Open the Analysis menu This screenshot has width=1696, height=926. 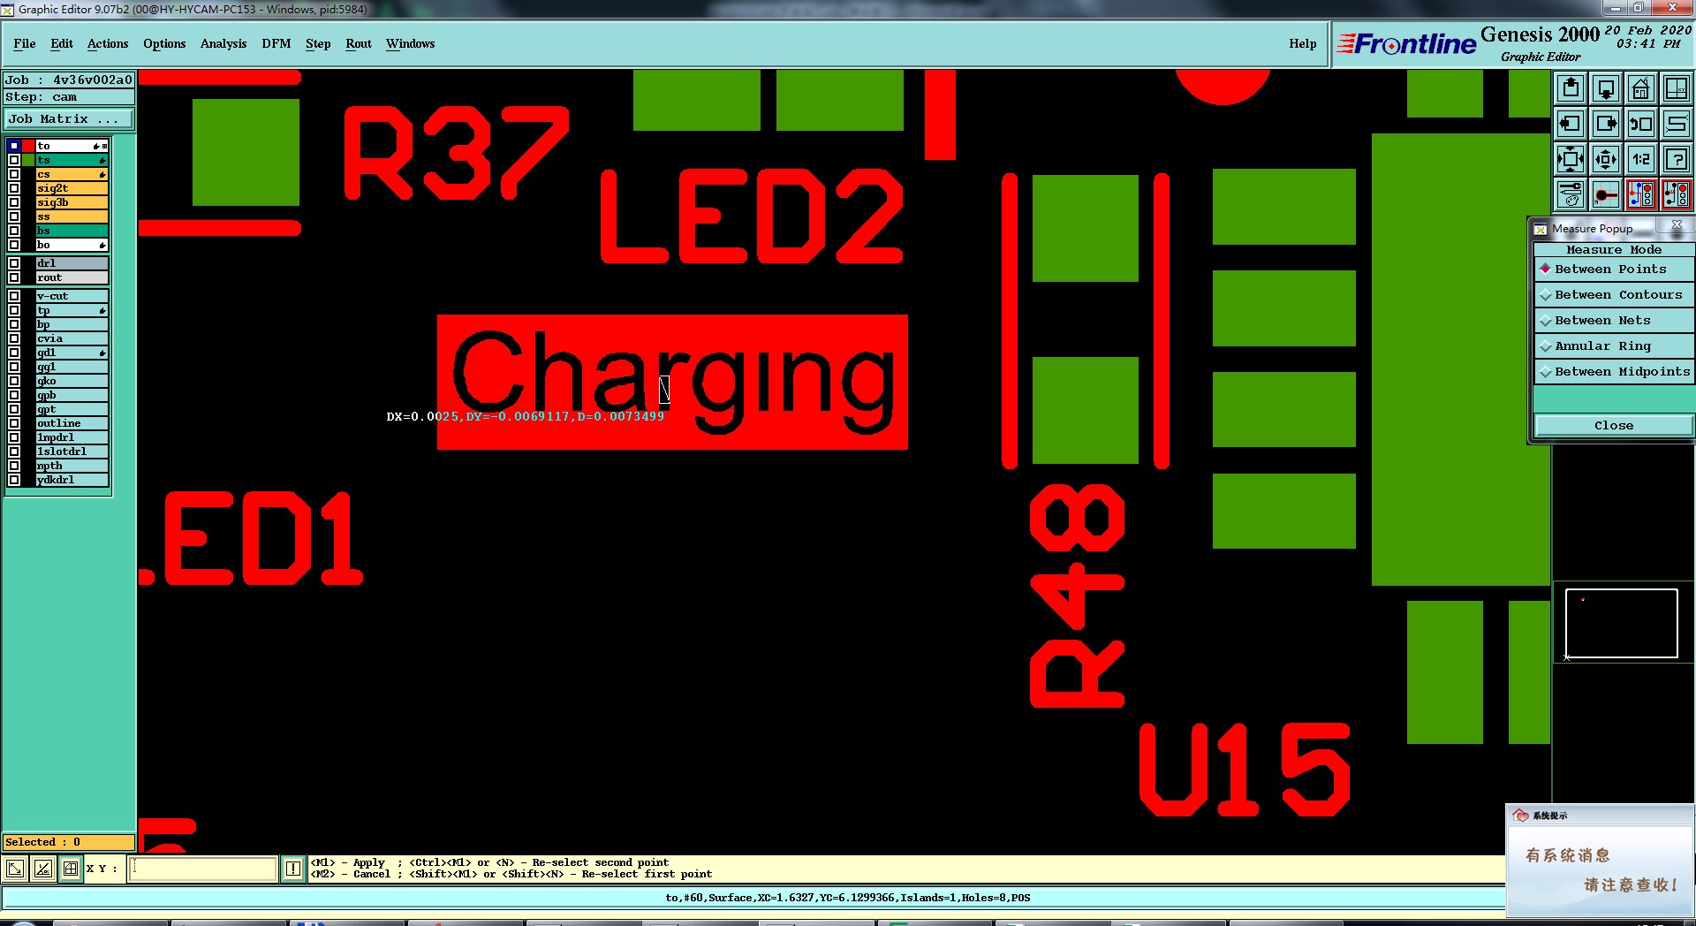(223, 43)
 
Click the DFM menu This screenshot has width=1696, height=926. (276, 43)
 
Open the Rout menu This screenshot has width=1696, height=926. (358, 43)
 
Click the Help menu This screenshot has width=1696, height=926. (1302, 43)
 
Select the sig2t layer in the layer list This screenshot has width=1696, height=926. (71, 188)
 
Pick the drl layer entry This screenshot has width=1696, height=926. (71, 263)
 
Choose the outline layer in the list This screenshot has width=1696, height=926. (71, 423)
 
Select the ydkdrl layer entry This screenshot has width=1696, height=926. (71, 480)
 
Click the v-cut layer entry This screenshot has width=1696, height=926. (71, 296)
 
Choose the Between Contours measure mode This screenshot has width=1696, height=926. (1617, 295)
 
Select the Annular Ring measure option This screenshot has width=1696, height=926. (1601, 346)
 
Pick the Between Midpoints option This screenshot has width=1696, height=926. (1621, 372)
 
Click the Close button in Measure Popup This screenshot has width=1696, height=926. (1613, 426)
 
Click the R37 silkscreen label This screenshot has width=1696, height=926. (455, 152)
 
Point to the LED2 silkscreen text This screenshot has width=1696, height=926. (752, 217)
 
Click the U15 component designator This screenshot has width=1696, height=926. (1245, 770)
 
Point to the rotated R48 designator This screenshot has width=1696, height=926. (1078, 595)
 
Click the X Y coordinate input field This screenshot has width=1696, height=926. (202, 869)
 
